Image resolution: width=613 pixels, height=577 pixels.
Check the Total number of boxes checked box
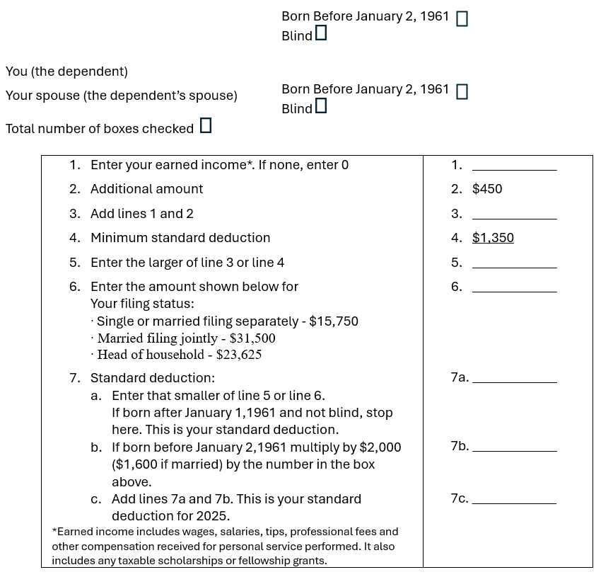coord(206,126)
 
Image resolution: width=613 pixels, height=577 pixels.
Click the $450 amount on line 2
coord(487,189)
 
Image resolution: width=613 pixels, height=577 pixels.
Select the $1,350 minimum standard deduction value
coord(493,238)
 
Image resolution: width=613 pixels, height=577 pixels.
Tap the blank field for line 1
coord(514,166)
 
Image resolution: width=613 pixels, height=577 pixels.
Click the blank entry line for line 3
coord(514,215)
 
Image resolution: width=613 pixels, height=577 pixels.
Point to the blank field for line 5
coord(514,263)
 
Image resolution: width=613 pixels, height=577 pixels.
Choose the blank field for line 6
coord(514,287)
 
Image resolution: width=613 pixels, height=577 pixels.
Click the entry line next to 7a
coord(514,378)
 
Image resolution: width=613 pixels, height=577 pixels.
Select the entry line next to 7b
coord(514,447)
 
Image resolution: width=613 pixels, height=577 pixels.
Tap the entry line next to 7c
coord(514,499)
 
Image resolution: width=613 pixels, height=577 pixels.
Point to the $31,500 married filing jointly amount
coord(252,338)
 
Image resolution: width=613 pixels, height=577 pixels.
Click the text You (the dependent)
coord(66,72)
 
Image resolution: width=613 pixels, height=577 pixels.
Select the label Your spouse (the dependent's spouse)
coord(122,96)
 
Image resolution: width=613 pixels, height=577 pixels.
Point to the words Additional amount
coord(146,189)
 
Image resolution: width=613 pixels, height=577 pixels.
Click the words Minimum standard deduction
coord(180,238)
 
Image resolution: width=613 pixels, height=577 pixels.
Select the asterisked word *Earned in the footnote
coord(71,532)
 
